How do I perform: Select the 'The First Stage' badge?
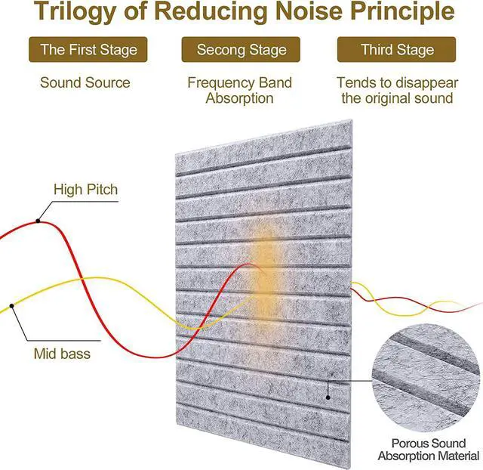(88, 50)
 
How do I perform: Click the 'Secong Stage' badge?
(241, 50)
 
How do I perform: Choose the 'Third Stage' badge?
(397, 50)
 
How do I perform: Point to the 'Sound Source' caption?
(85, 82)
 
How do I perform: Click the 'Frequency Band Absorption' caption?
(240, 90)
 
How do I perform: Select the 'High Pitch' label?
(85, 189)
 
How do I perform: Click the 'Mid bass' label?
(62, 353)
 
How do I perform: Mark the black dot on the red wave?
(38, 221)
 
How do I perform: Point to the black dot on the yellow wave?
(11, 306)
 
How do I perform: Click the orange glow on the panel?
(260, 257)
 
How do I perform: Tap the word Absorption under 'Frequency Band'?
(240, 98)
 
